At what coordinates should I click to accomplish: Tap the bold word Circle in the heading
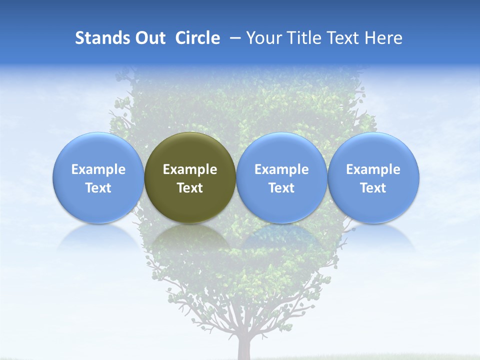click(x=197, y=38)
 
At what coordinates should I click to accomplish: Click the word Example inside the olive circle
click(x=190, y=169)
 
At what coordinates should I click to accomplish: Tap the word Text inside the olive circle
click(x=190, y=188)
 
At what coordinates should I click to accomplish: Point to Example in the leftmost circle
click(x=98, y=169)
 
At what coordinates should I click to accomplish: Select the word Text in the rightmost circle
click(x=373, y=188)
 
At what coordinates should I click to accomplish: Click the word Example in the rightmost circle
click(x=373, y=169)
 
